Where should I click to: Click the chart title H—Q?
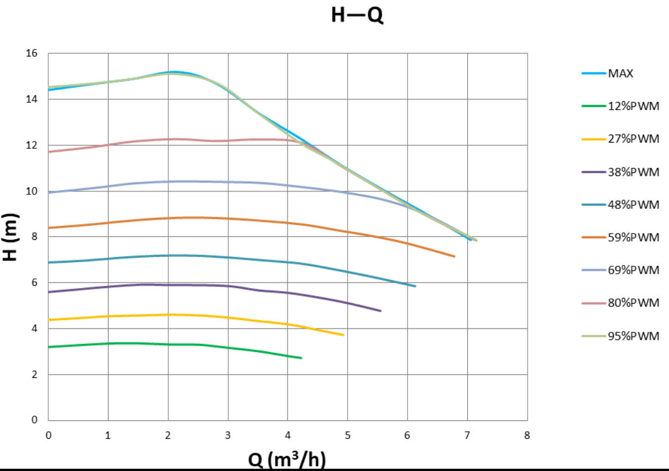click(357, 16)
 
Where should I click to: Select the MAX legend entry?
click(621, 74)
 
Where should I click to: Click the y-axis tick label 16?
click(32, 53)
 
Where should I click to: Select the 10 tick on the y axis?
click(32, 191)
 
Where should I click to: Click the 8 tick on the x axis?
click(527, 435)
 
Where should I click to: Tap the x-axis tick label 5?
click(348, 435)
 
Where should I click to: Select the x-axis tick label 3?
click(228, 435)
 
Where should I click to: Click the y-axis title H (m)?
click(11, 237)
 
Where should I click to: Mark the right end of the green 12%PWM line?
click(301, 358)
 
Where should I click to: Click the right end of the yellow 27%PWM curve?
click(343, 335)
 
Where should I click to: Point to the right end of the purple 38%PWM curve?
click(380, 311)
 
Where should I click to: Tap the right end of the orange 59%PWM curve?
click(455, 256)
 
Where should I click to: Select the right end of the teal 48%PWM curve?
click(415, 286)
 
